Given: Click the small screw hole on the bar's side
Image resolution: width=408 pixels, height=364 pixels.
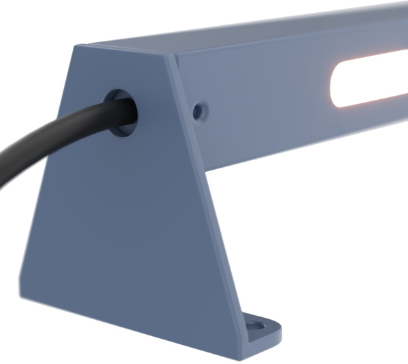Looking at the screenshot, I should pyautogui.click(x=198, y=110).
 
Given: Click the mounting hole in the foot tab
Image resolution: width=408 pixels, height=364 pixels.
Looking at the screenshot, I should pyautogui.click(x=259, y=326).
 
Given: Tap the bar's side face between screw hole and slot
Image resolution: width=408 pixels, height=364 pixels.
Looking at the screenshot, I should pyautogui.click(x=265, y=102).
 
